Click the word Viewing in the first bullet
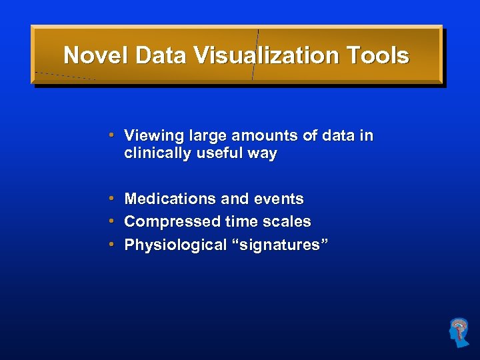153,136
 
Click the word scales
288,221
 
